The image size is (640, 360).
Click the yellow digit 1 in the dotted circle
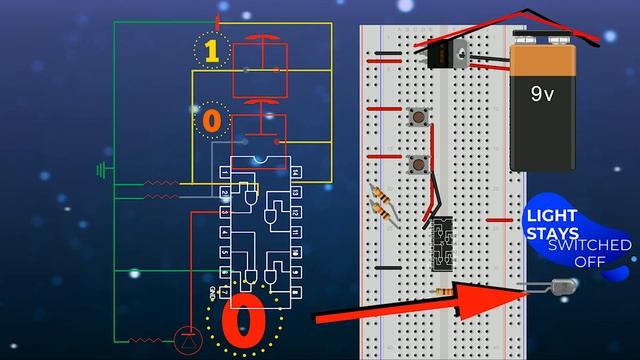[212, 52]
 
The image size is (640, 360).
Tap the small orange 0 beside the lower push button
[211, 122]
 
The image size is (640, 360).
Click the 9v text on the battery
[542, 94]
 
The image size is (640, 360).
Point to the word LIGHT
[552, 216]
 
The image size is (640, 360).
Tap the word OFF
[590, 260]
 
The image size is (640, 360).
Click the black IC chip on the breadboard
[440, 245]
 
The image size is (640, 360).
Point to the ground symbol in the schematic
[100, 170]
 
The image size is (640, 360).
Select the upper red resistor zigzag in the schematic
[161, 184]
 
